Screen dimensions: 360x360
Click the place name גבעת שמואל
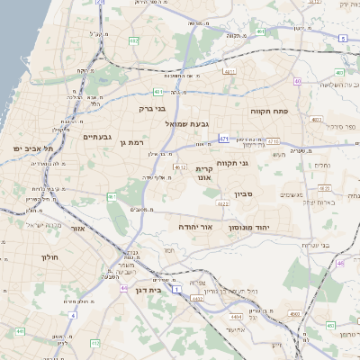coord(188,121)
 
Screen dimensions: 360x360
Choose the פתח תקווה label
coord(274,110)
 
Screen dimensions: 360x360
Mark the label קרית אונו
coord(203,173)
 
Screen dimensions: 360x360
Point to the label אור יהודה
coord(194,228)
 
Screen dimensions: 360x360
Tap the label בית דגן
coord(159,291)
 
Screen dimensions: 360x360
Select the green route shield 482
coord(134,41)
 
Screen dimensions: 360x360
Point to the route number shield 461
coord(112,195)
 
